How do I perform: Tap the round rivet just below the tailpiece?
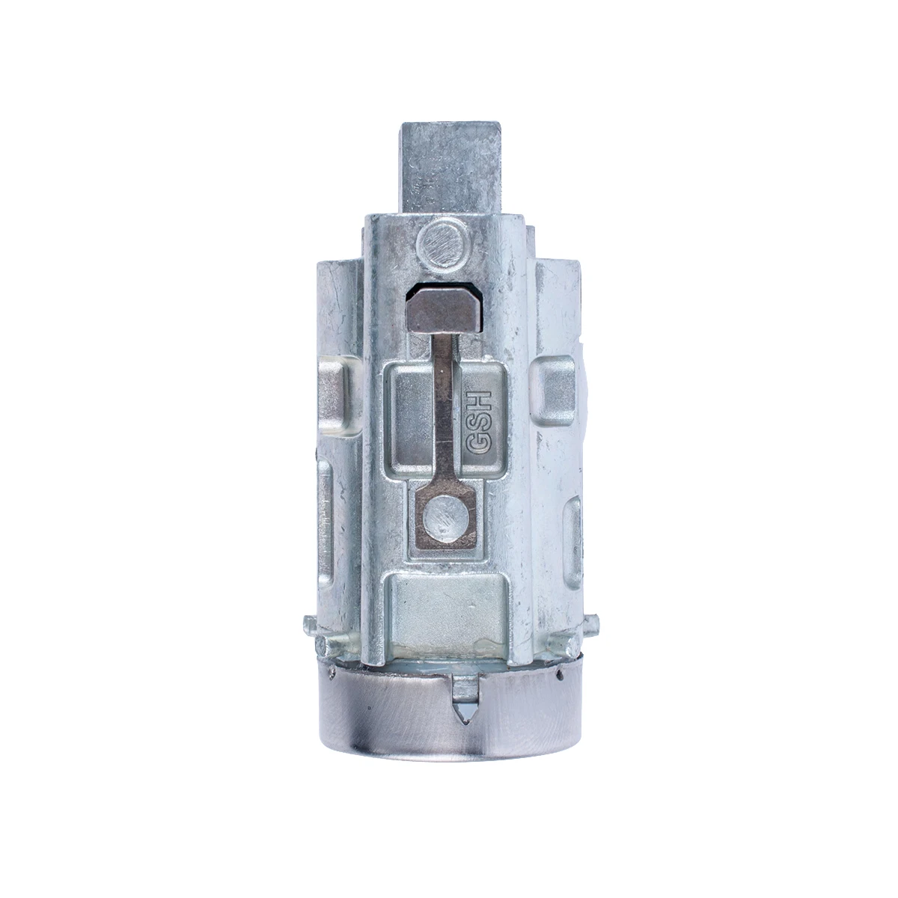pos(441,243)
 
